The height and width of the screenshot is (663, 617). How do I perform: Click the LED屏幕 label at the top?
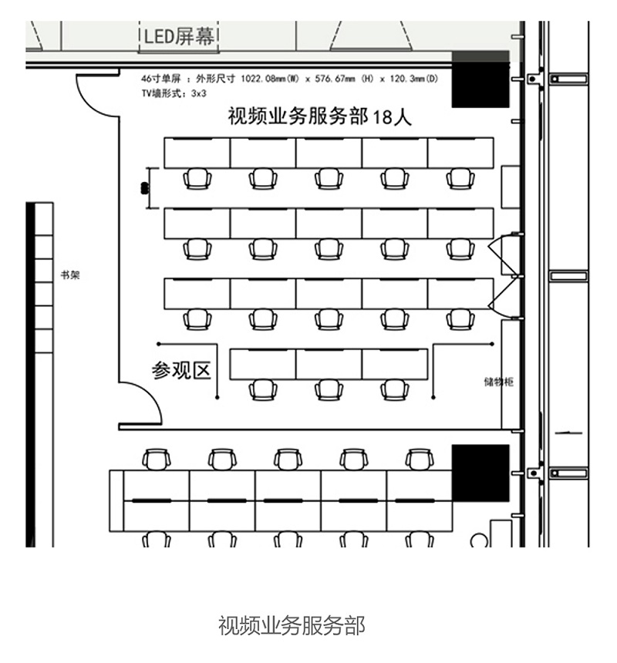point(179,35)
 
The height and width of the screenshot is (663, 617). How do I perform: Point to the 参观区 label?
point(181,371)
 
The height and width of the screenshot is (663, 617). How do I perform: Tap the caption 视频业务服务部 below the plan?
point(291,624)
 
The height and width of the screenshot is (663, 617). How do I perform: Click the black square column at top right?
point(480,79)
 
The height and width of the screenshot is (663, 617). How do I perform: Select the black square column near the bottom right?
point(480,473)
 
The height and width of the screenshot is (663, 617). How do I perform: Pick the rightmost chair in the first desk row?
point(460,179)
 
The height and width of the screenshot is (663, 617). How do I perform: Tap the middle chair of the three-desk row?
point(329,389)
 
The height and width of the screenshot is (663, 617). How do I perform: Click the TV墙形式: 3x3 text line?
point(164,93)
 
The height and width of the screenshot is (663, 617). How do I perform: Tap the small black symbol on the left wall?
point(143,187)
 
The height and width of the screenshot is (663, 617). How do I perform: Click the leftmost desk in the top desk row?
point(197,153)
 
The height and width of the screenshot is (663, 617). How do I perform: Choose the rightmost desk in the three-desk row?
point(395,364)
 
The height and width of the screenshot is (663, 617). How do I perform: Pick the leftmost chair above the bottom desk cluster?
point(157,459)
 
